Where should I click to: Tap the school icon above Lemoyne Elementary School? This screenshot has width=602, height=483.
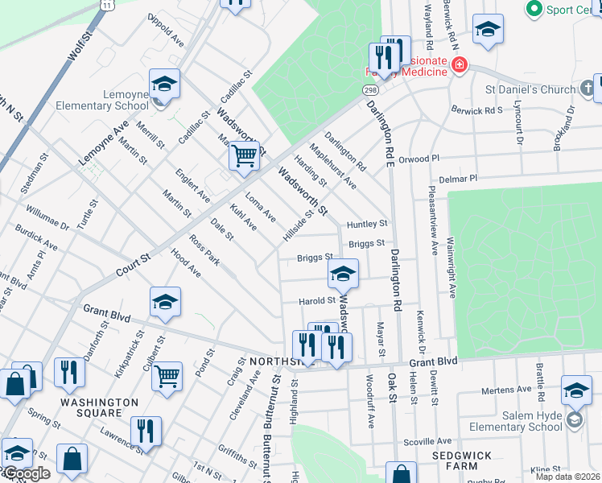(163, 85)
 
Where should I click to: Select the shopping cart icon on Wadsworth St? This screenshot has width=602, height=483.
(244, 155)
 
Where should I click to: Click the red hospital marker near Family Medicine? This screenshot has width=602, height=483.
(459, 65)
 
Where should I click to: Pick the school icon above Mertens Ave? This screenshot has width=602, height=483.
(576, 391)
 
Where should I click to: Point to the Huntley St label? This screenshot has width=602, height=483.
(367, 224)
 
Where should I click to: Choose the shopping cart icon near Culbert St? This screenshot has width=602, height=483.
(167, 375)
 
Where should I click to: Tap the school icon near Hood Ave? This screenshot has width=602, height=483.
(165, 303)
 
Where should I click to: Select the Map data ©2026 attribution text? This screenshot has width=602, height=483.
(567, 477)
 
